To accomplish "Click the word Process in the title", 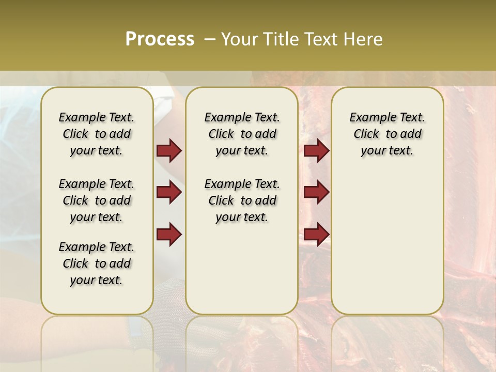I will point(160,39).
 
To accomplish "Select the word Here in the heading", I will point(363,39).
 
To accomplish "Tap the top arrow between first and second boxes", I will point(169,150).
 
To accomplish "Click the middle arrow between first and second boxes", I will point(169,192).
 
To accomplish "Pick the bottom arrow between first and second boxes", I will point(169,234).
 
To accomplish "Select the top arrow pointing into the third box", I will point(316,150).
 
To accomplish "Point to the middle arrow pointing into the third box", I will point(316,192).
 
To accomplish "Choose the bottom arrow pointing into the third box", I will point(316,234).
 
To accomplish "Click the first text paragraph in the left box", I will point(97,134).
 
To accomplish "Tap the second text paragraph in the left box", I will point(97,200).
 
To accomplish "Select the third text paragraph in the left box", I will point(97,263).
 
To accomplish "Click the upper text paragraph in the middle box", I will point(242,134).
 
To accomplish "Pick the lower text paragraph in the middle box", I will point(242,200).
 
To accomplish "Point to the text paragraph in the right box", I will point(387,134).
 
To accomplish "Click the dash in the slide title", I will point(210,39).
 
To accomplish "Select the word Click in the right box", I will point(366,134).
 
